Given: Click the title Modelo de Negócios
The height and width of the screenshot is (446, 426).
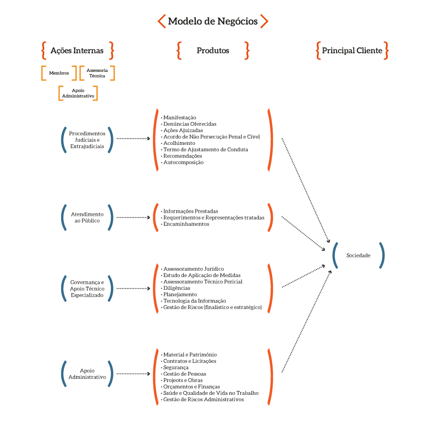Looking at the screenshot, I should pos(212,21).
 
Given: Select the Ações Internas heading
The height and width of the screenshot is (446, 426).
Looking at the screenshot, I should pos(77,51).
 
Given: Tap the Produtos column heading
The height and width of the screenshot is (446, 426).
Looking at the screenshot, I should pos(213,51).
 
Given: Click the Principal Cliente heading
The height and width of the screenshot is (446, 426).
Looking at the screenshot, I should pos(352,51).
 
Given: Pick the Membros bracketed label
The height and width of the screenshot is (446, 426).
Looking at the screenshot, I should pos(59,73).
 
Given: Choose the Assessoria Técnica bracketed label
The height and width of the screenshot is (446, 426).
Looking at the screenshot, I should pos(97,73).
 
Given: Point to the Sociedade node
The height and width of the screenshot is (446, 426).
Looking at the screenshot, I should pos(358,255).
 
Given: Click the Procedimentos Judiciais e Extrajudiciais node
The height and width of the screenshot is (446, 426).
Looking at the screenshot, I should pos(87,140).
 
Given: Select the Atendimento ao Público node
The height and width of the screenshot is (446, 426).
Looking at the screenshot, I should pos(87,217).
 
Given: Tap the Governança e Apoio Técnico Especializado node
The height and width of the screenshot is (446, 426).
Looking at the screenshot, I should pos(87,288).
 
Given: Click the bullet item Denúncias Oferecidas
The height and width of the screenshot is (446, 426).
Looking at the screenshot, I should pos(190,124).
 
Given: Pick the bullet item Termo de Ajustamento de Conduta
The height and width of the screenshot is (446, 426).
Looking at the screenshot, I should pos(205,150).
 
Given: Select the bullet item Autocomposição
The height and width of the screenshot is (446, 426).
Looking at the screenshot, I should pos(183,163).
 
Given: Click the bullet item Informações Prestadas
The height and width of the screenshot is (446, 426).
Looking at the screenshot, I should pos(190,211).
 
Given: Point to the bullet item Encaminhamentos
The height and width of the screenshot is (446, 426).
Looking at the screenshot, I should pos(186,224).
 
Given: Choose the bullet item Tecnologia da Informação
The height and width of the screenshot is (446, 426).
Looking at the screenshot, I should pos(194,301).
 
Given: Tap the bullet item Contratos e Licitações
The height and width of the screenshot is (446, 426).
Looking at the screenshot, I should pos(190,361).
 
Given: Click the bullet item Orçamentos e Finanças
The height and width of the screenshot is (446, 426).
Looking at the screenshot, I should pos(191,387).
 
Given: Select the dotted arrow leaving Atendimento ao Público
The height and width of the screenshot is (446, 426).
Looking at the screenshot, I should pos(133,217).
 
